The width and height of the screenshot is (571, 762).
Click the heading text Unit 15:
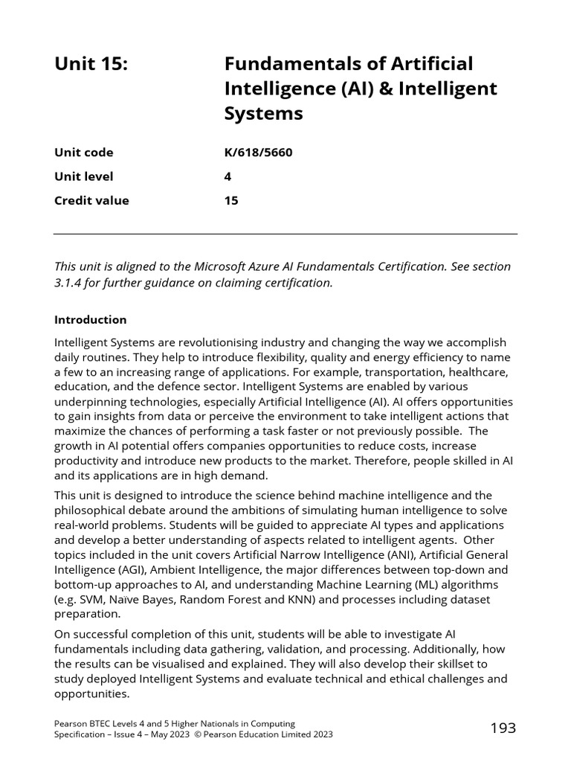pos(91,65)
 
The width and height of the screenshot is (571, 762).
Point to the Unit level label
pos(84,176)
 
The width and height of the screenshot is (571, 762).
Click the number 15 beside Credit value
pos(231,200)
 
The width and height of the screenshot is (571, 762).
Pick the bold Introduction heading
pos(91,320)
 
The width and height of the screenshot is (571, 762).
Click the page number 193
pos(503,729)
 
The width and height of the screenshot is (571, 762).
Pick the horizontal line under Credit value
pos(285,234)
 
